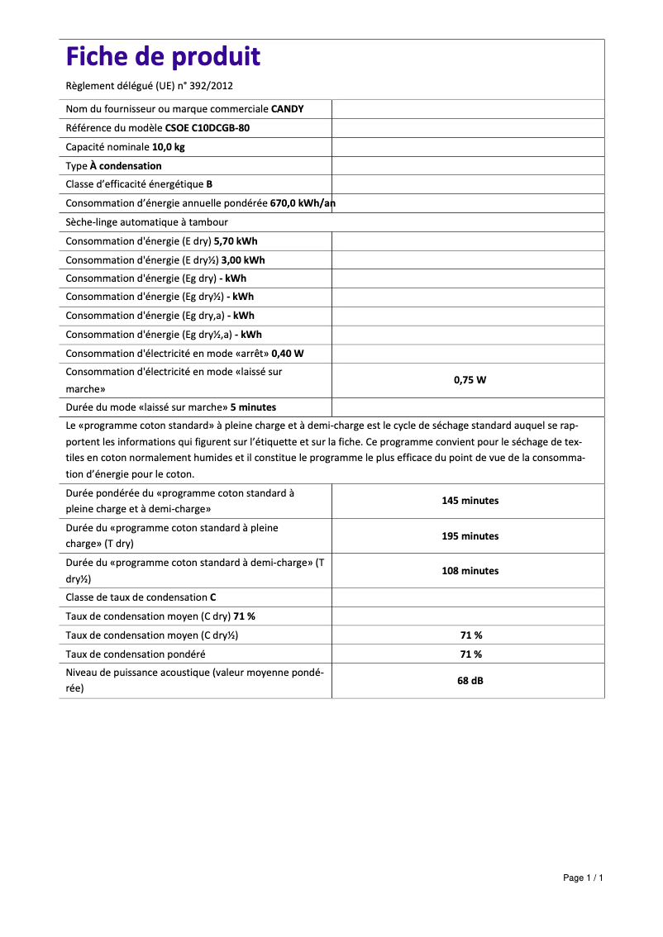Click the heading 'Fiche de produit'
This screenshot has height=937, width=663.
click(163, 57)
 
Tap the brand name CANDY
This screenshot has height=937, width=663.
click(287, 109)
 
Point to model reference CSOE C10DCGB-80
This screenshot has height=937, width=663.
click(207, 128)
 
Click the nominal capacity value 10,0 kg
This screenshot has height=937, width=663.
click(168, 147)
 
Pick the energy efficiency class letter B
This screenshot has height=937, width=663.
click(210, 184)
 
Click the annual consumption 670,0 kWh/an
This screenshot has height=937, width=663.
click(303, 203)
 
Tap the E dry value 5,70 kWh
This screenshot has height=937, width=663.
click(236, 241)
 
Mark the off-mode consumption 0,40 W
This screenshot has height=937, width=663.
click(288, 354)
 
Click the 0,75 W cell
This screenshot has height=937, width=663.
click(470, 380)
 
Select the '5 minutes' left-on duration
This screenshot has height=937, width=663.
click(253, 407)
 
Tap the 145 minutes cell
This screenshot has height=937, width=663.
click(470, 501)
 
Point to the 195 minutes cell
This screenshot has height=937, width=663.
click(470, 536)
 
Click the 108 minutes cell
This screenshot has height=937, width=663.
click(470, 571)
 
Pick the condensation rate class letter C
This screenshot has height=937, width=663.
click(213, 597)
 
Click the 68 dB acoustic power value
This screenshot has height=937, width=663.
click(470, 682)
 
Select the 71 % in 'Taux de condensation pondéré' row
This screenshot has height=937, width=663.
click(470, 654)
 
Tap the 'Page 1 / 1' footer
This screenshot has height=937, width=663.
click(583, 878)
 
